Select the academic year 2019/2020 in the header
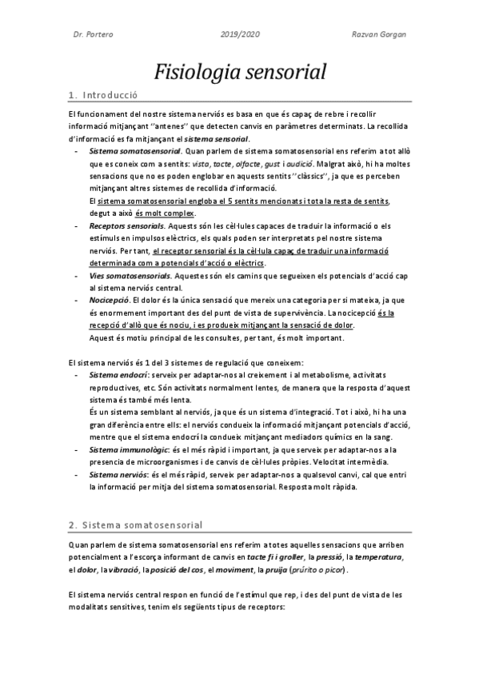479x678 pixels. pyautogui.click(x=239, y=35)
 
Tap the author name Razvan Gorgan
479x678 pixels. pyautogui.click(x=380, y=35)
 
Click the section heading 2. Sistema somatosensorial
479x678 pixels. pyautogui.click(x=136, y=503)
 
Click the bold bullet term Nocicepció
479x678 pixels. pyautogui.click(x=110, y=298)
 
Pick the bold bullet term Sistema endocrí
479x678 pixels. pyautogui.click(x=118, y=374)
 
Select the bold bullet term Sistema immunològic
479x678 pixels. pyautogui.click(x=126, y=451)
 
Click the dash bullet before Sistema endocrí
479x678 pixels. pyautogui.click(x=76, y=374)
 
